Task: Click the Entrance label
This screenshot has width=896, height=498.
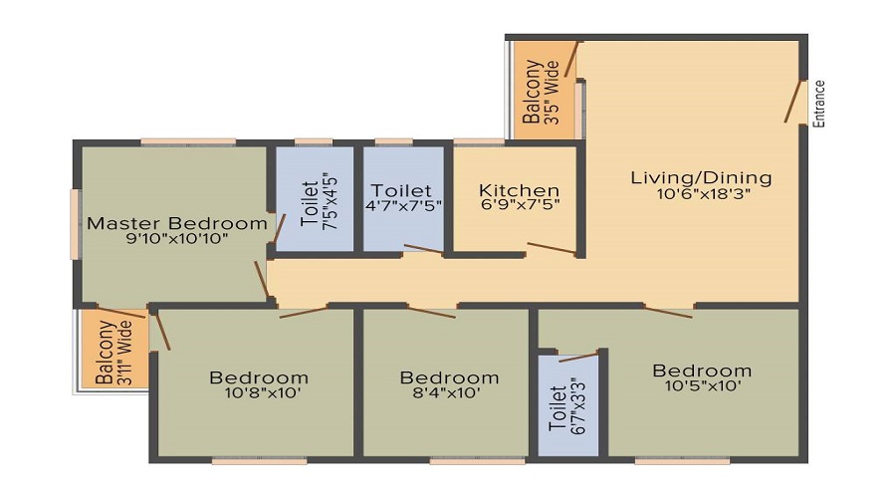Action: pyautogui.click(x=819, y=104)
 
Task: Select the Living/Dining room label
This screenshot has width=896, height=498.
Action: pyautogui.click(x=701, y=178)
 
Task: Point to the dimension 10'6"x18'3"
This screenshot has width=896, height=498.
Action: pyautogui.click(x=704, y=194)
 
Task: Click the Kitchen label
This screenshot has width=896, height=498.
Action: pyautogui.click(x=519, y=190)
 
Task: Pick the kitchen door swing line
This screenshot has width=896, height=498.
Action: pyautogui.click(x=552, y=248)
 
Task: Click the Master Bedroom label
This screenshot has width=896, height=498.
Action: pyautogui.click(x=176, y=223)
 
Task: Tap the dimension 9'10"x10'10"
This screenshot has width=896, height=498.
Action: pyautogui.click(x=177, y=238)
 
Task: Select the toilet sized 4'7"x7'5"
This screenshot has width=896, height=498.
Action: pyautogui.click(x=403, y=199)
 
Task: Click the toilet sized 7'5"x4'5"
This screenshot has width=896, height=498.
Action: pyautogui.click(x=315, y=199)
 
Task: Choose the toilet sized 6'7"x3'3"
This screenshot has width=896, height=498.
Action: pyautogui.click(x=568, y=404)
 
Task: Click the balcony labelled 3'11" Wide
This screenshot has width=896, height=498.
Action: pyautogui.click(x=114, y=349)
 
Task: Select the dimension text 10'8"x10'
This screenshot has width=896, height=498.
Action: pyautogui.click(x=262, y=392)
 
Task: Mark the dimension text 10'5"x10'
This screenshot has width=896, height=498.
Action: pyautogui.click(x=704, y=385)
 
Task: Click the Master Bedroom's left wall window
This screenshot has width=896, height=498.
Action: pyautogui.click(x=75, y=223)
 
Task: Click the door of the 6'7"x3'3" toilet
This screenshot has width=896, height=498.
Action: pyautogui.click(x=578, y=358)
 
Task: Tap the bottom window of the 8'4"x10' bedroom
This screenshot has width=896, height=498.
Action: pyautogui.click(x=477, y=460)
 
